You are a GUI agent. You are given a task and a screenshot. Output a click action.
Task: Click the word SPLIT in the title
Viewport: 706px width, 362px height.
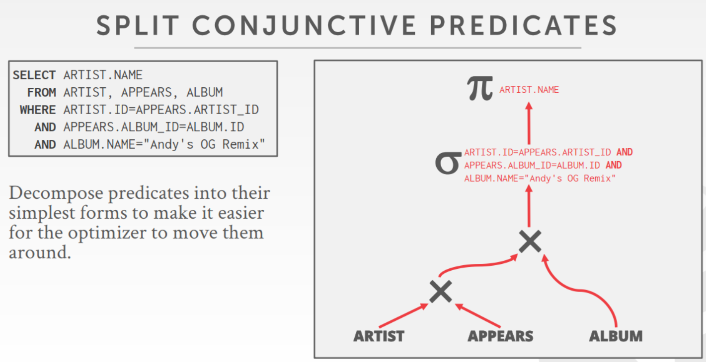(138, 25)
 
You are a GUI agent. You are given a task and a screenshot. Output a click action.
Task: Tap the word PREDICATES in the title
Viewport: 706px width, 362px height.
(524, 25)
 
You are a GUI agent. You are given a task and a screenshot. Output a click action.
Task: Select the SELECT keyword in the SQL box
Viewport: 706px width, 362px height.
(34, 75)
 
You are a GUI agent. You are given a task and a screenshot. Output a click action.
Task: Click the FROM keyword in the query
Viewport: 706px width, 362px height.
(41, 92)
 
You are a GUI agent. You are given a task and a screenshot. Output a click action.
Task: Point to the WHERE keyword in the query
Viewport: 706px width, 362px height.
(37, 110)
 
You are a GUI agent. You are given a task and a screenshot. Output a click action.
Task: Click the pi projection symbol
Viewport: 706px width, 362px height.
(480, 88)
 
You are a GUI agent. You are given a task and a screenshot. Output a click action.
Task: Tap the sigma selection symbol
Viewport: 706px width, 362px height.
(448, 163)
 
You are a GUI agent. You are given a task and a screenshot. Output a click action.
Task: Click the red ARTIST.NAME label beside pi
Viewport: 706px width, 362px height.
(529, 90)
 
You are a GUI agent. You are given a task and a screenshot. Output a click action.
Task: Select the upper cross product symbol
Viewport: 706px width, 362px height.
(530, 241)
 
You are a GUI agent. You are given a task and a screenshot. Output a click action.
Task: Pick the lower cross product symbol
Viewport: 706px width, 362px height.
(441, 292)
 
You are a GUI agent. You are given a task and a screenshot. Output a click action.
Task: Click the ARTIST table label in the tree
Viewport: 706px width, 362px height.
(379, 336)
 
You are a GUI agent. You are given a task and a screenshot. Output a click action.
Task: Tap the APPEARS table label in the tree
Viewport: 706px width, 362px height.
(500, 336)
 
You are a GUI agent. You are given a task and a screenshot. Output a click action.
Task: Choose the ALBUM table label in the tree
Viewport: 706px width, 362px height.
(616, 336)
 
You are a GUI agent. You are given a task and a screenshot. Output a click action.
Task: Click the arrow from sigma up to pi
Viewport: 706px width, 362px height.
(529, 123)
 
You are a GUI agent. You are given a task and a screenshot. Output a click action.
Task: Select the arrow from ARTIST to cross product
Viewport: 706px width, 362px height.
(403, 315)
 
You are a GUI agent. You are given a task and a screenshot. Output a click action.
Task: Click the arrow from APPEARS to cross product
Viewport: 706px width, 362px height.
(478, 315)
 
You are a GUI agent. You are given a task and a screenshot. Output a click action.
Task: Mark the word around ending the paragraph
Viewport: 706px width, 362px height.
(40, 252)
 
